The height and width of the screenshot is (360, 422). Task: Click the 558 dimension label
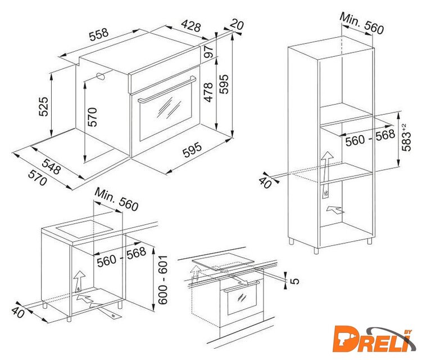99,34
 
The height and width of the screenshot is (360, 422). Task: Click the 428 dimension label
191,26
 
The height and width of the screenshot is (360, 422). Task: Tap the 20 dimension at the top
237,24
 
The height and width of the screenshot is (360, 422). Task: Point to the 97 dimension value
208,52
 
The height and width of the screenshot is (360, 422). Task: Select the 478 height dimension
208,92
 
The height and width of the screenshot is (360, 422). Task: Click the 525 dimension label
43,107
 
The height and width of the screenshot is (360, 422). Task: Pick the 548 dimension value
51,166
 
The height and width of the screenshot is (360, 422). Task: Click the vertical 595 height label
224,84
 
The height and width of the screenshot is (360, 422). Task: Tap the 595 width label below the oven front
192,150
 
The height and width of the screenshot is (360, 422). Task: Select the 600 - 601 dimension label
162,280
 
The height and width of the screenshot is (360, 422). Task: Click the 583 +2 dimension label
406,137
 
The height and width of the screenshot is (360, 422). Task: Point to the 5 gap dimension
295,281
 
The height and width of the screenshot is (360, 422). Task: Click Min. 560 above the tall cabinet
361,24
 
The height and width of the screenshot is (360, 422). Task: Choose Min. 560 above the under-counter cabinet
116,200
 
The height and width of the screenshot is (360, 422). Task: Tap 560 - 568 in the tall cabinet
370,138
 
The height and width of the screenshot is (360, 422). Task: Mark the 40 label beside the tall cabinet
265,182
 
